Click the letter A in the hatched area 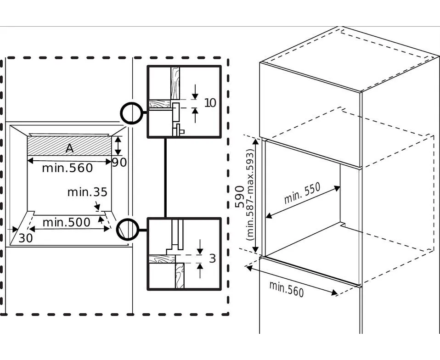point(69,148)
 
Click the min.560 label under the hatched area point(67,168)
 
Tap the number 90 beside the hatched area point(120,162)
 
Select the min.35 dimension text point(87,192)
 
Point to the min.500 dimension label point(66,223)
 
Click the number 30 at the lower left point(26,238)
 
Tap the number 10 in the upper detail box point(210,102)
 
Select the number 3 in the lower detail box point(212,259)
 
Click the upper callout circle point(131,112)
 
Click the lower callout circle point(127,229)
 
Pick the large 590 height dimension point(240,196)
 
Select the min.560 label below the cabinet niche point(287,289)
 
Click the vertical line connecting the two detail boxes point(165,177)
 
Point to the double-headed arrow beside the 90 point(118,146)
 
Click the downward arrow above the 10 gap point(195,91)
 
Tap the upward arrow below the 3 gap point(201,270)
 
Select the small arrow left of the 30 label point(12,228)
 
